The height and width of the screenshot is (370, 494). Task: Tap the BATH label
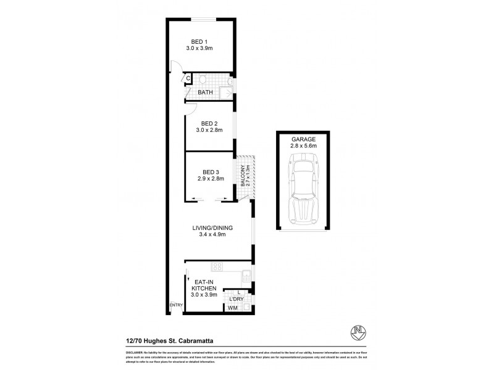coord(205,92)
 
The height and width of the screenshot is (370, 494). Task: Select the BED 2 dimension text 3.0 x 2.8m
coord(209,130)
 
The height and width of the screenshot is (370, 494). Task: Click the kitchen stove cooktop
coord(217,266)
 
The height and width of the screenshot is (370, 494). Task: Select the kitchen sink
coord(245,276)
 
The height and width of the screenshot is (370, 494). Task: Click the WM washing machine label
coord(233,308)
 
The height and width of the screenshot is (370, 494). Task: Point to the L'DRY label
coord(236,299)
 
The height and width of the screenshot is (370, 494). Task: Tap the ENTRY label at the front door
coord(175,305)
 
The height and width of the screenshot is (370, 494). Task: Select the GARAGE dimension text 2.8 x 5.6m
coord(303,146)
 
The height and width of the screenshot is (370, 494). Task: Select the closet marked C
coord(188,78)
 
